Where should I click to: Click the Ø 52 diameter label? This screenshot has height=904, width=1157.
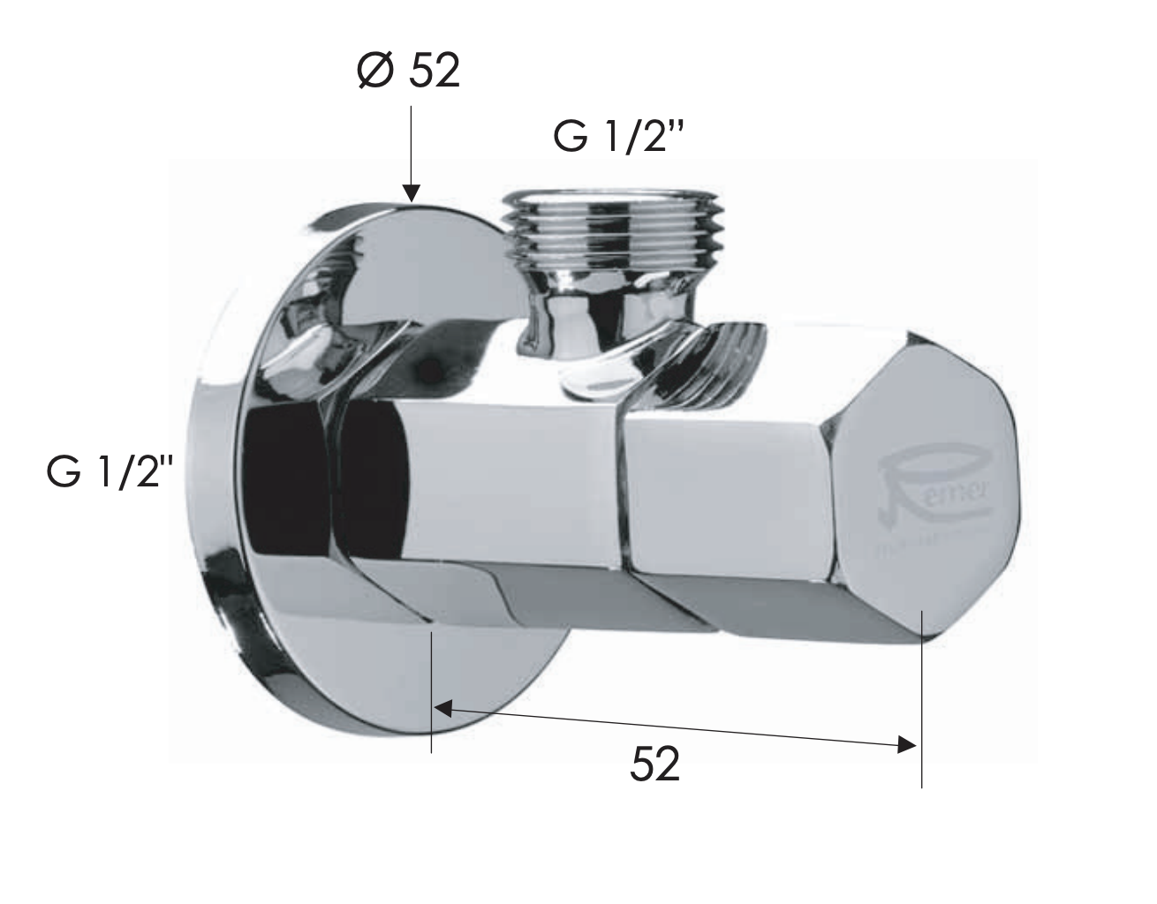[x=408, y=70]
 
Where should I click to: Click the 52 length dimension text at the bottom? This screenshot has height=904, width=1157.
[x=654, y=765]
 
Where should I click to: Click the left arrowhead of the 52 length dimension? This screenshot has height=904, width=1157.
[x=442, y=707]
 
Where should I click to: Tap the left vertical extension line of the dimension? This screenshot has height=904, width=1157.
[x=431, y=689]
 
